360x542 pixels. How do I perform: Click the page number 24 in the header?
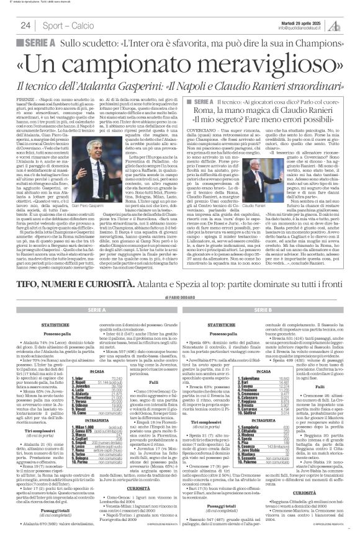(25, 25)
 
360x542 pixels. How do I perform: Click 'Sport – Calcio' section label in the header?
(63, 25)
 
